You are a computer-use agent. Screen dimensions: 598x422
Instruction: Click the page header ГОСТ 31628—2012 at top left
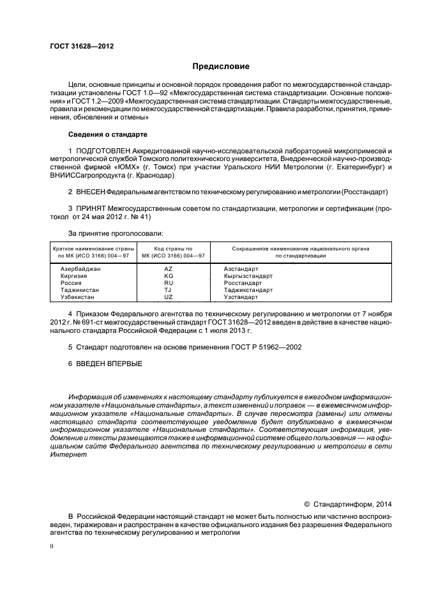point(77,46)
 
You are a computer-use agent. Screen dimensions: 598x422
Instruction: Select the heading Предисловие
point(221,66)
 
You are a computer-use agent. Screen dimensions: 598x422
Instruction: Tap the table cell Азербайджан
point(80,269)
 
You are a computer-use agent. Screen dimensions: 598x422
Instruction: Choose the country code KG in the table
point(169,276)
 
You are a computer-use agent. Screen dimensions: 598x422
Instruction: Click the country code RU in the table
point(169,283)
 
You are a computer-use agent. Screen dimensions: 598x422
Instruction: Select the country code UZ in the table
point(169,297)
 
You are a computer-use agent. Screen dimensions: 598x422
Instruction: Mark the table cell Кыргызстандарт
point(248,276)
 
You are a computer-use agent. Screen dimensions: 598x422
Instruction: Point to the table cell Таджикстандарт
point(248,290)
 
